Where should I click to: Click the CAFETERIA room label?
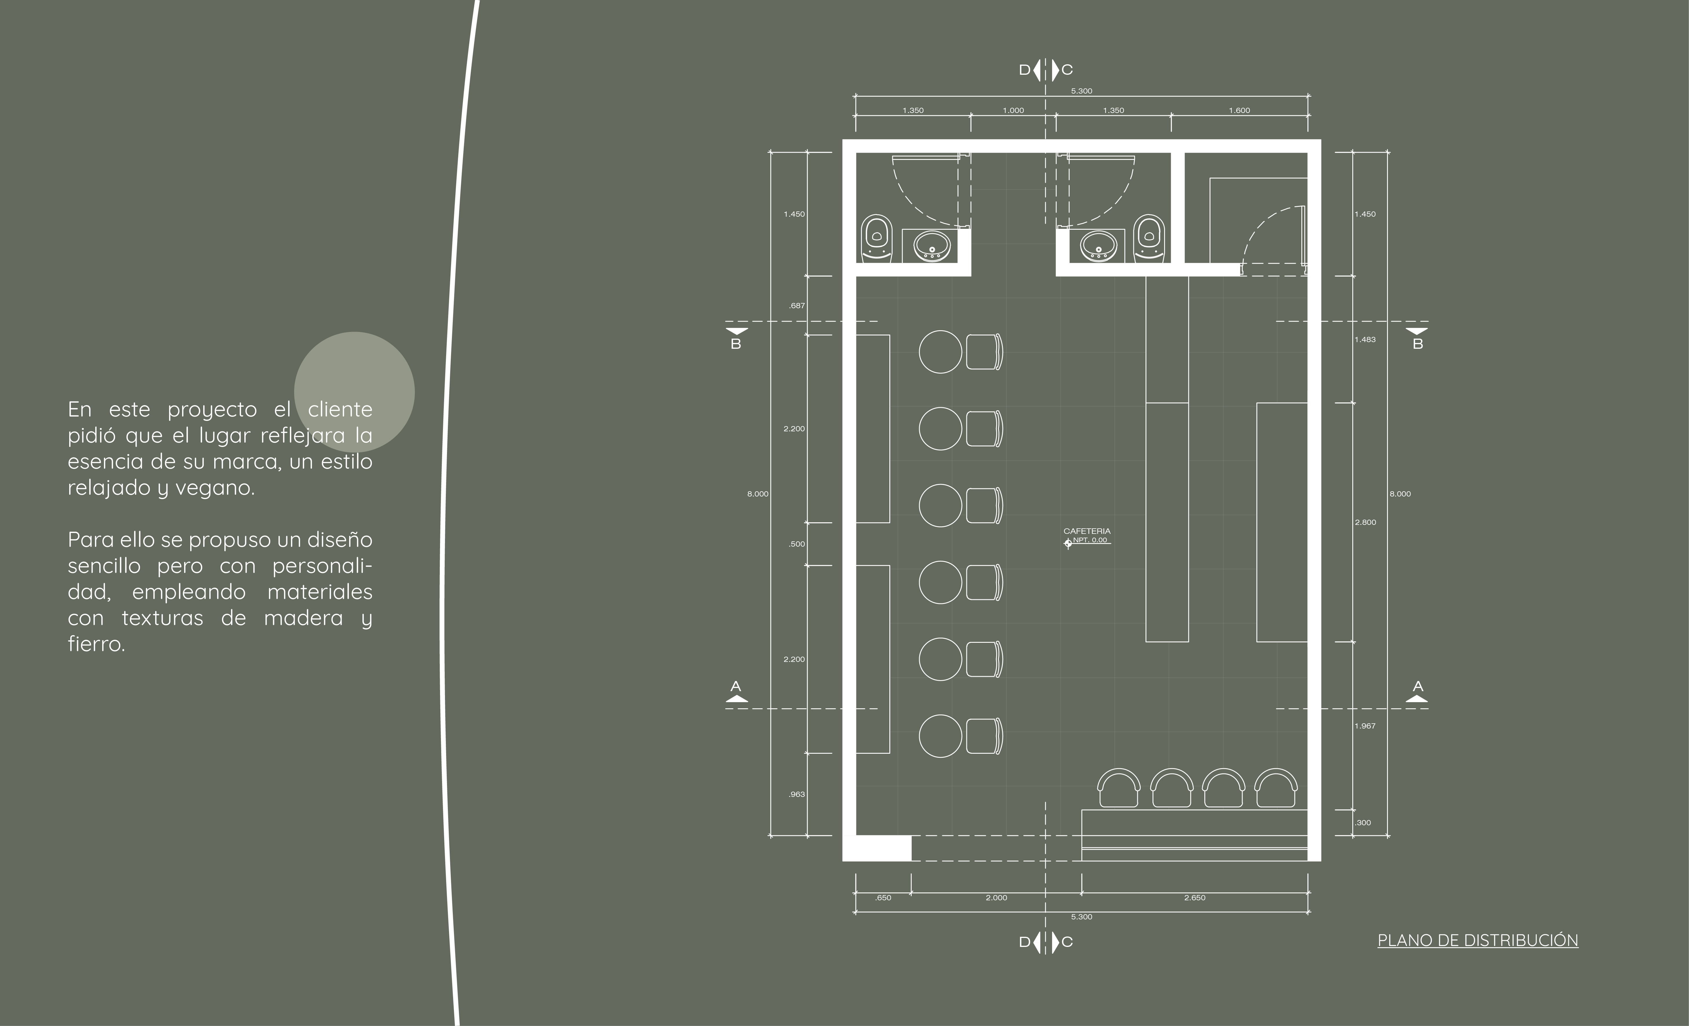[1087, 531]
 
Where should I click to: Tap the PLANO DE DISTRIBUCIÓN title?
[1477, 940]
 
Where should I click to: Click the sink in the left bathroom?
[932, 246]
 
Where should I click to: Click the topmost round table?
[940, 352]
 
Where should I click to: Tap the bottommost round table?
[940, 736]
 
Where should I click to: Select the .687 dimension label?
[796, 306]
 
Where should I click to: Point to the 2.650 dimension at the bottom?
[1194, 898]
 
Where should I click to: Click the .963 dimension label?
[796, 794]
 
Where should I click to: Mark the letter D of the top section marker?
[1024, 70]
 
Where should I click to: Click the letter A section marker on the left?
[736, 687]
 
